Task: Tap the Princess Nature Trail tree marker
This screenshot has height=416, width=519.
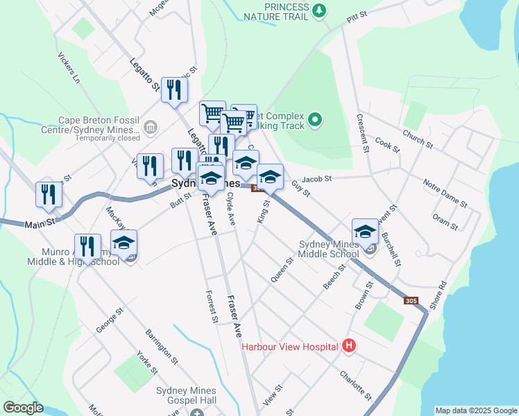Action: [318, 10]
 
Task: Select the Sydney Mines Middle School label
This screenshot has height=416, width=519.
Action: [329, 249]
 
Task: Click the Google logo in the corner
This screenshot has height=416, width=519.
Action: [23, 408]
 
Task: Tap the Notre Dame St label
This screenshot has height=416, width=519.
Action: [445, 191]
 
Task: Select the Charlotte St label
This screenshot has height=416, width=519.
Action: [356, 385]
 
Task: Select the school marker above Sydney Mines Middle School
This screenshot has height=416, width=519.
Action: [364, 232]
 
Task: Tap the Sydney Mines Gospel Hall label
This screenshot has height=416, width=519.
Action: [187, 396]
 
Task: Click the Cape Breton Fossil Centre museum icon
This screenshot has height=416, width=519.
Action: [151, 127]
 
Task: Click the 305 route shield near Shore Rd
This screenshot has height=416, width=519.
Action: [411, 300]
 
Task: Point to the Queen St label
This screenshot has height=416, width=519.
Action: [280, 268]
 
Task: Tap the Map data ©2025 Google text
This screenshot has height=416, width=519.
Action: [476, 410]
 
